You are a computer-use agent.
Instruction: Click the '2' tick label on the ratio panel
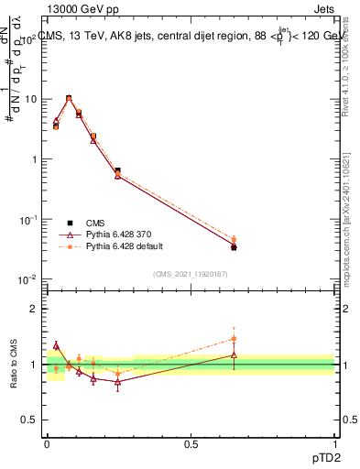point(34,309)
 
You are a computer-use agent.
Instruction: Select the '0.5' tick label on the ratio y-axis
point(29,420)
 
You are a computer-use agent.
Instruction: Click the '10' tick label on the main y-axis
point(29,99)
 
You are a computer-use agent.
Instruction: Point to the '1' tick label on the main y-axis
point(34,159)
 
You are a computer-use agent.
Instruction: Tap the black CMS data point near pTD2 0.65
point(234,247)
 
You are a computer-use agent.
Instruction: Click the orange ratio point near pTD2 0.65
point(234,338)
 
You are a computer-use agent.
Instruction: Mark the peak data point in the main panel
point(69,98)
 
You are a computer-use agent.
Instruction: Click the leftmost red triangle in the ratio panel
point(56,345)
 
